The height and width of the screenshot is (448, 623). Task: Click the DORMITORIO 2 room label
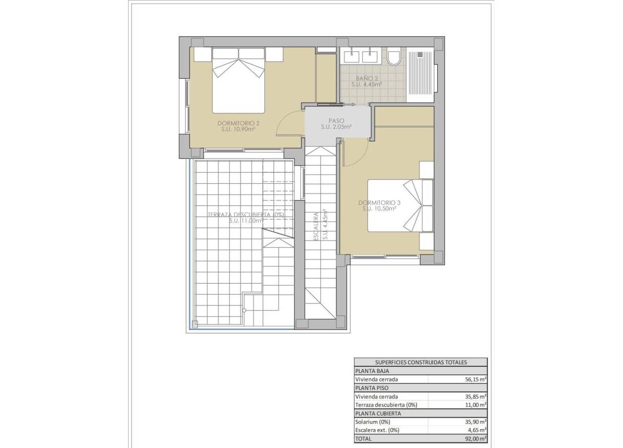[239, 123]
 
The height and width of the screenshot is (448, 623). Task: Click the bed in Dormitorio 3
[401, 205]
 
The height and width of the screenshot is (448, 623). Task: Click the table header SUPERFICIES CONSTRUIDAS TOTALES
[420, 362]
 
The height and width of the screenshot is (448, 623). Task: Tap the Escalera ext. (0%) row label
[378, 430]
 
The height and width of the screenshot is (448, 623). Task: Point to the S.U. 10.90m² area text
[239, 130]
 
